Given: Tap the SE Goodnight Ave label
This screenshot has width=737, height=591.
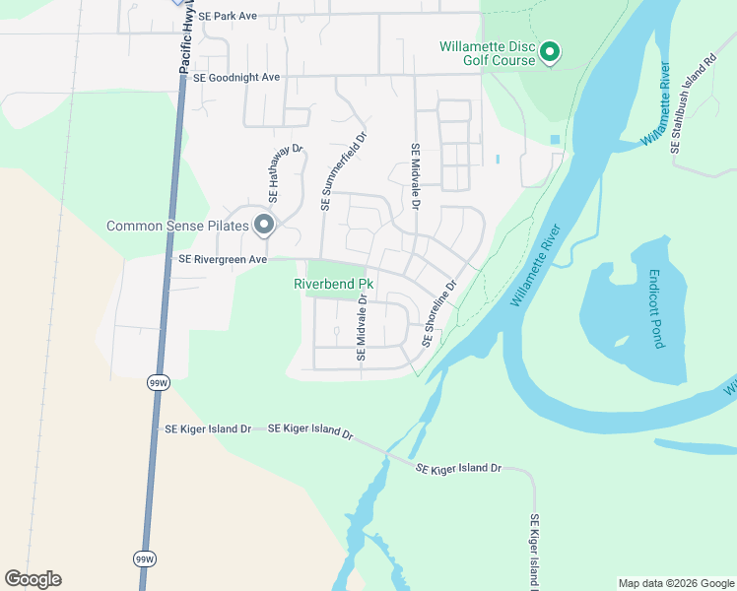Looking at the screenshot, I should pos(236,77).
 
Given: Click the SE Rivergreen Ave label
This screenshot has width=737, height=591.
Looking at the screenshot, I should pos(222,259).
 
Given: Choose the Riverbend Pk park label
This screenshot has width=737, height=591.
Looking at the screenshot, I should pos(329,284).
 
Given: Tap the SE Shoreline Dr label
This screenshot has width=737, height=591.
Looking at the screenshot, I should pos(439,313).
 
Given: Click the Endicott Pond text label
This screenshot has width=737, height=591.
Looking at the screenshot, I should pos(657,309).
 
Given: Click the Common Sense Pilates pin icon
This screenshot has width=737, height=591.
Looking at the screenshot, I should pos(263,226).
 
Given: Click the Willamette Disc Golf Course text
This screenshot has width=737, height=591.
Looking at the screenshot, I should pos(488,52).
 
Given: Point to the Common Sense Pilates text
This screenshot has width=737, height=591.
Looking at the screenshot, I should pos(177,227).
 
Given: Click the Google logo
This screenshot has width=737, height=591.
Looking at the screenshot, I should pos(33,579).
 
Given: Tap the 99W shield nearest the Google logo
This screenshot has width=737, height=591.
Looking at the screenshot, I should pos(145,558).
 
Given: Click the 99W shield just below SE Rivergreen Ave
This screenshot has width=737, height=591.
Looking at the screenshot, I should pos(157,380).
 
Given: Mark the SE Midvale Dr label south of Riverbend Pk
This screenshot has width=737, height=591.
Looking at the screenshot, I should pos(362,327).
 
